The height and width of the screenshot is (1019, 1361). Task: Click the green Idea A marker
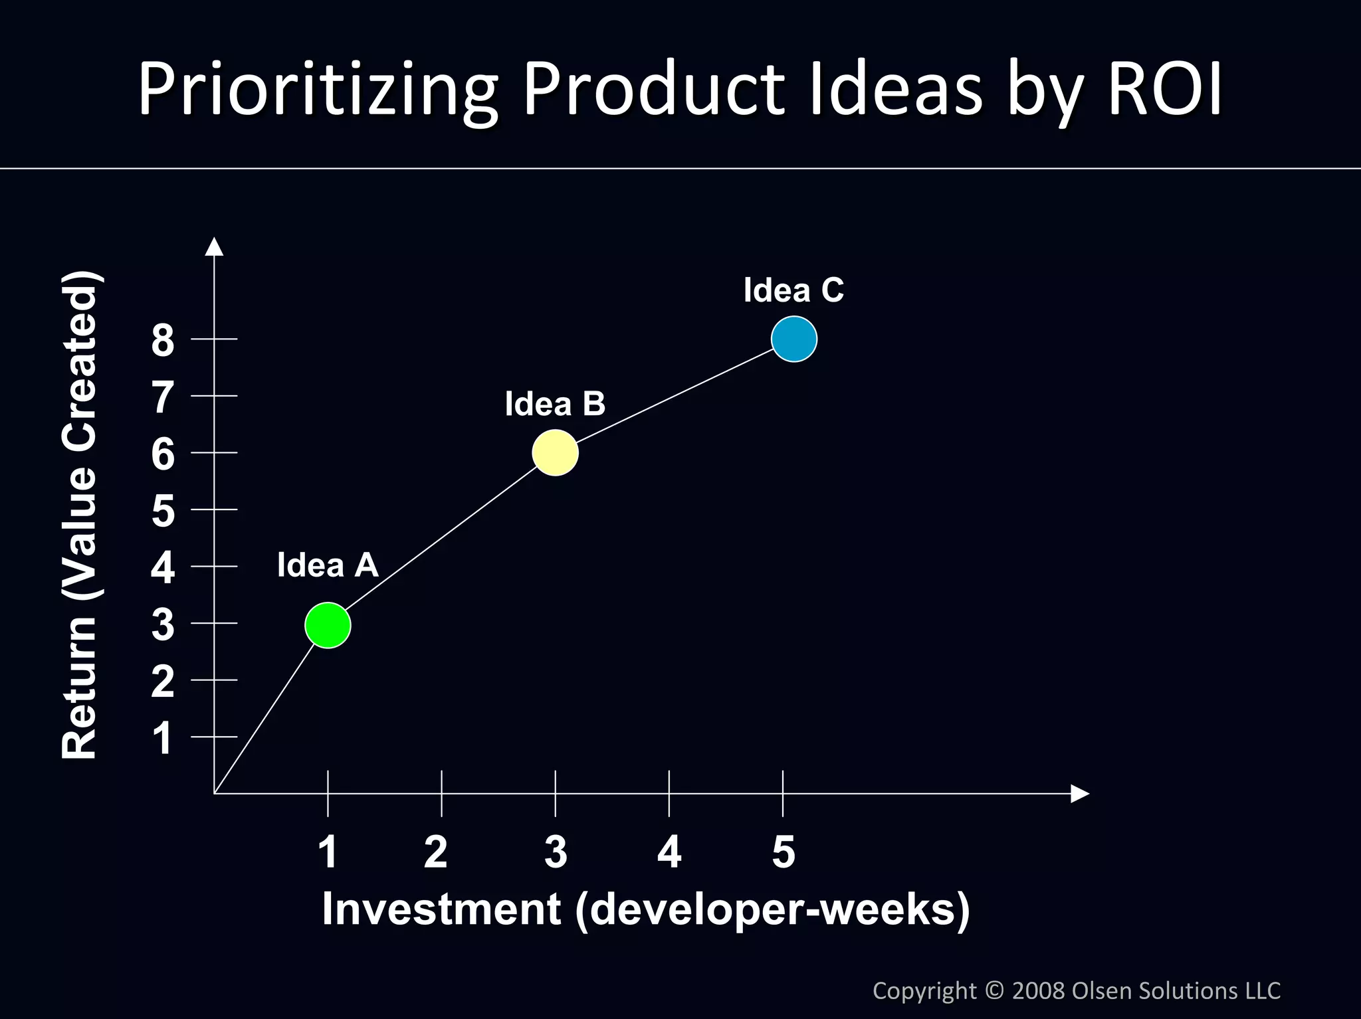coord(328,625)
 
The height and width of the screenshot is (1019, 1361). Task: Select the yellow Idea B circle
coord(555,452)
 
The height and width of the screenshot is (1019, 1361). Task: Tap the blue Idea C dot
coord(794,339)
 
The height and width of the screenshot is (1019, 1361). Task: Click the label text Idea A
coord(328,565)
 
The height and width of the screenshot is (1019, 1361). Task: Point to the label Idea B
coord(555,404)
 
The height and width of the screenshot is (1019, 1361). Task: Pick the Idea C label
coord(793,290)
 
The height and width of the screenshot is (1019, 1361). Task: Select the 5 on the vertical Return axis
coord(163,511)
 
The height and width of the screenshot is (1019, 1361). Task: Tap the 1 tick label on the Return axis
coord(163,738)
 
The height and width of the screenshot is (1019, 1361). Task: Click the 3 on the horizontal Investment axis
coord(556,852)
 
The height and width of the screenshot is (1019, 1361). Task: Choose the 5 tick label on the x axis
coord(784,852)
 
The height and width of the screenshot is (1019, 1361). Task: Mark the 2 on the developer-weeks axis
coord(436,852)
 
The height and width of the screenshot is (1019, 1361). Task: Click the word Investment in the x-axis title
coord(441,909)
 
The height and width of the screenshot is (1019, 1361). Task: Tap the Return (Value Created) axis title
coord(80,515)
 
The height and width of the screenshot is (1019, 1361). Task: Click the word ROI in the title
coord(1164,90)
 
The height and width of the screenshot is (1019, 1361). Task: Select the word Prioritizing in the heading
coord(318,90)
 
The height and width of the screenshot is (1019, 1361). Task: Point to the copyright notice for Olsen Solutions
coord(1076,990)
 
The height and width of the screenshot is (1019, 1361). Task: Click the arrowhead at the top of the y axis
coord(214,247)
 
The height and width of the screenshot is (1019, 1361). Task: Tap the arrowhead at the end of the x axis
coord(1079,793)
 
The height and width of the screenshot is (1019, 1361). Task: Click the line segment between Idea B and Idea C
coord(675,396)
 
